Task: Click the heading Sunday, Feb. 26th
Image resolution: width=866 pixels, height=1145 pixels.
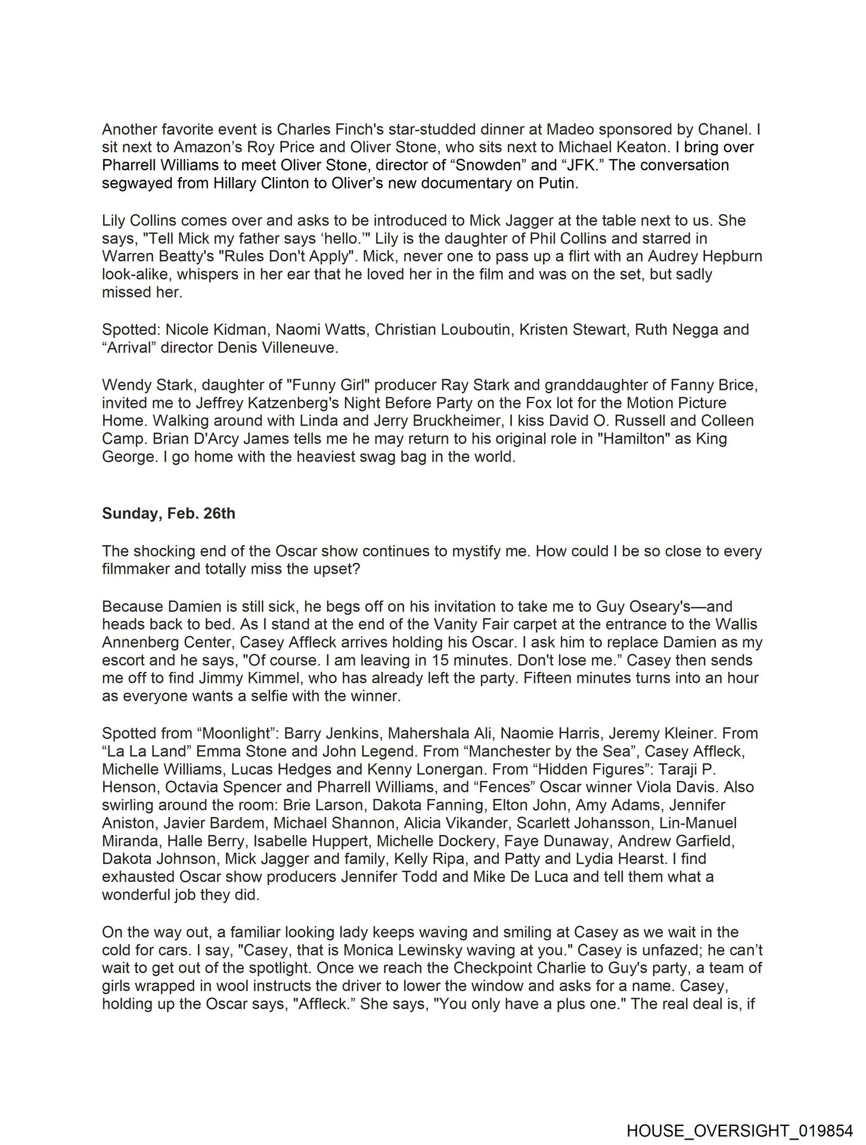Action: (169, 513)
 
